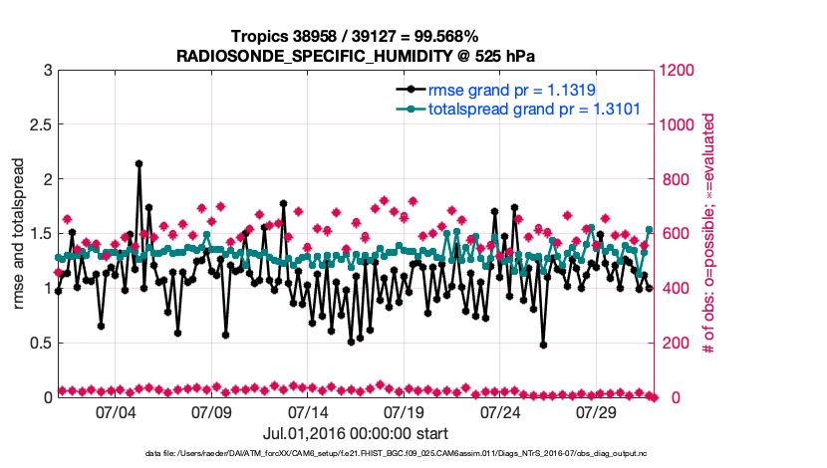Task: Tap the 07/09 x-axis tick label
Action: (x=211, y=412)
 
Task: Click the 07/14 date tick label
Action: (x=308, y=412)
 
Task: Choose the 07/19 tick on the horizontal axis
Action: (x=405, y=412)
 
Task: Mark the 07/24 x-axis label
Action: (x=501, y=412)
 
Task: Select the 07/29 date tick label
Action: (x=598, y=412)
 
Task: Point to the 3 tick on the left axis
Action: (x=46, y=71)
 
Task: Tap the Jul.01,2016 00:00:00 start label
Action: (x=356, y=434)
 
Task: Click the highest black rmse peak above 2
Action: (x=138, y=163)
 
